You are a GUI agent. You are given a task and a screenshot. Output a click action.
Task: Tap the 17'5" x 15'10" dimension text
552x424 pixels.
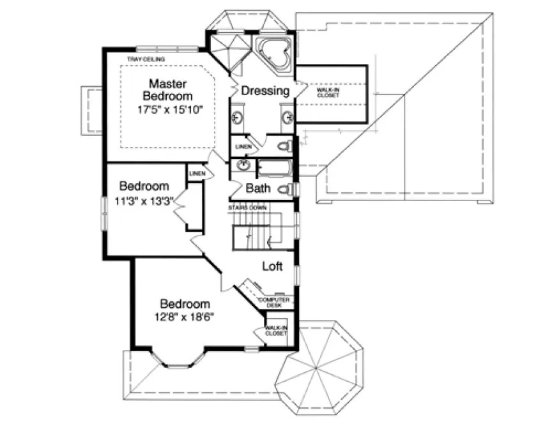tap(170, 109)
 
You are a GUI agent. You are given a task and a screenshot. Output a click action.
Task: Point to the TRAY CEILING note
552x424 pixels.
tap(146, 60)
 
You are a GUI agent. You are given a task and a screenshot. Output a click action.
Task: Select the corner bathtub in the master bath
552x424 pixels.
tap(274, 54)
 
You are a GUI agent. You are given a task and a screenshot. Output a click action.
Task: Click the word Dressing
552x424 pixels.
tap(265, 91)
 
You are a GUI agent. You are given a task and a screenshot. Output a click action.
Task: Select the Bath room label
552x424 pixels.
tap(259, 189)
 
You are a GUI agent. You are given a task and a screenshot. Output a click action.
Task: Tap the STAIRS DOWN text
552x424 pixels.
tap(248, 208)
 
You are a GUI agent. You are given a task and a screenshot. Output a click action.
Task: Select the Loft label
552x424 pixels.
tap(272, 266)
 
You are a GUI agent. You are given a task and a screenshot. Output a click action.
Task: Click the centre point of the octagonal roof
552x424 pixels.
tap(316, 368)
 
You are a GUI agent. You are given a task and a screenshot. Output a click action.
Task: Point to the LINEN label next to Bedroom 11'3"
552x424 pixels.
tap(196, 174)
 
